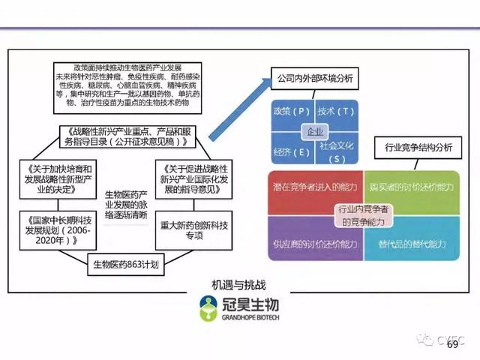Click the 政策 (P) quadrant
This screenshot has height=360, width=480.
pyautogui.click(x=291, y=112)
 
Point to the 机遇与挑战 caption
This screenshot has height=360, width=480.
pyautogui.click(x=240, y=285)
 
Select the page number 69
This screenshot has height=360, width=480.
pyautogui.click(x=452, y=344)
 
